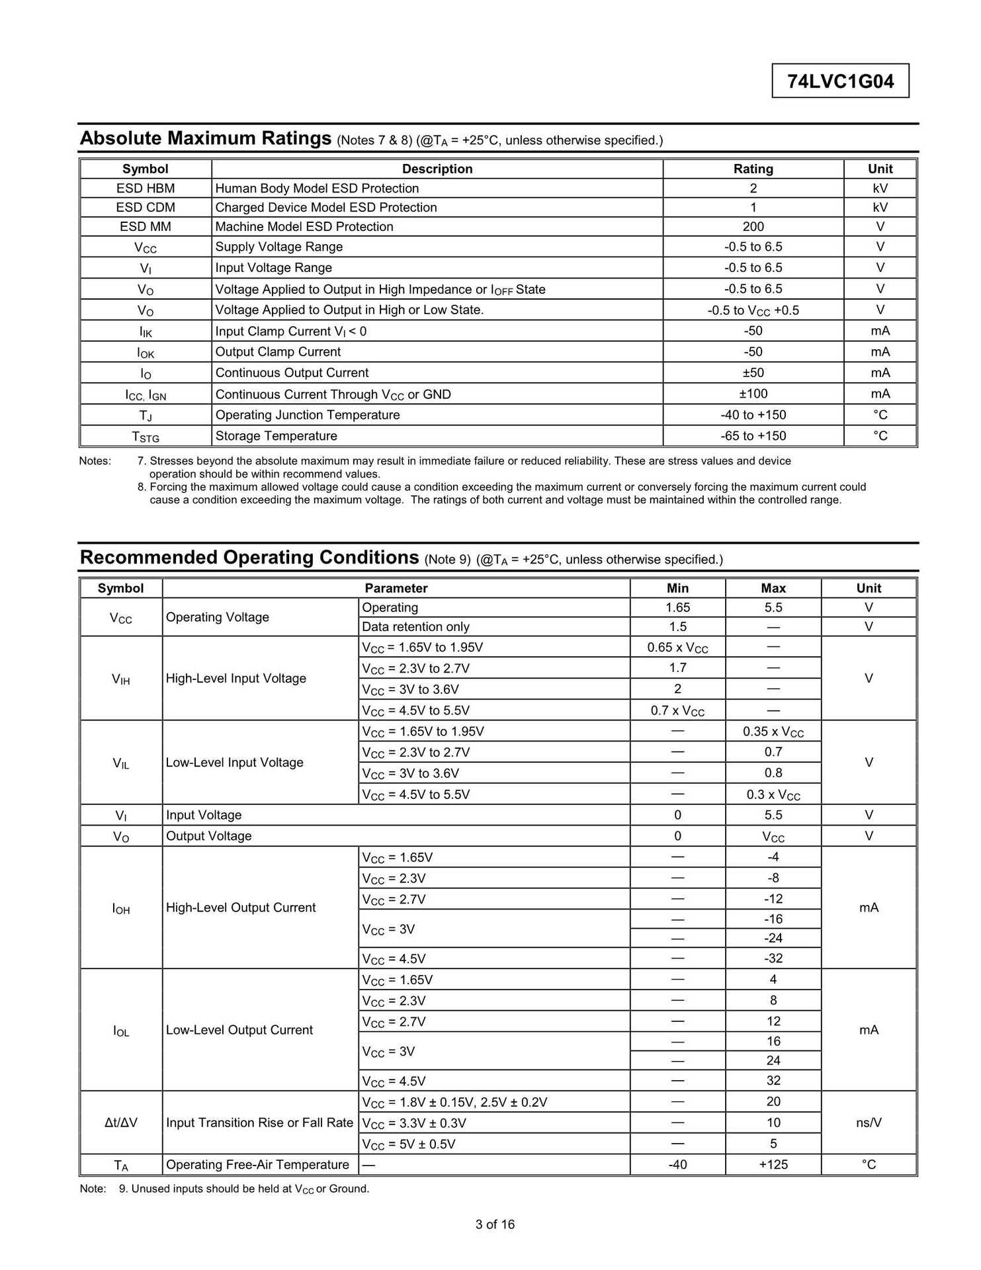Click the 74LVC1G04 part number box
[840, 81]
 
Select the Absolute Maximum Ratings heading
[205, 138]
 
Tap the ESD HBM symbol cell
[146, 189]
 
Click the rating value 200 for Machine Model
[753, 227]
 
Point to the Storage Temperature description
[277, 436]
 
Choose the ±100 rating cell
[753, 394]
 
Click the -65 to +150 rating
[753, 436]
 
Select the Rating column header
[753, 169]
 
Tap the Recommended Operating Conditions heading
[249, 558]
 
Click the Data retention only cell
[415, 627]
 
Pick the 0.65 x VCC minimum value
[677, 648]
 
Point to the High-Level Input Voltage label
[236, 679]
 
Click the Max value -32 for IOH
[773, 958]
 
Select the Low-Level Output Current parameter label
[239, 1030]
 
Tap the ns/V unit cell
[869, 1122]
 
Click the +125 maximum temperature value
[773, 1165]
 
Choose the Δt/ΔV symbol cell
[121, 1122]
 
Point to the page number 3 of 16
[495, 1224]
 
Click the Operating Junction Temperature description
[308, 415]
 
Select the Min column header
[677, 589]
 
